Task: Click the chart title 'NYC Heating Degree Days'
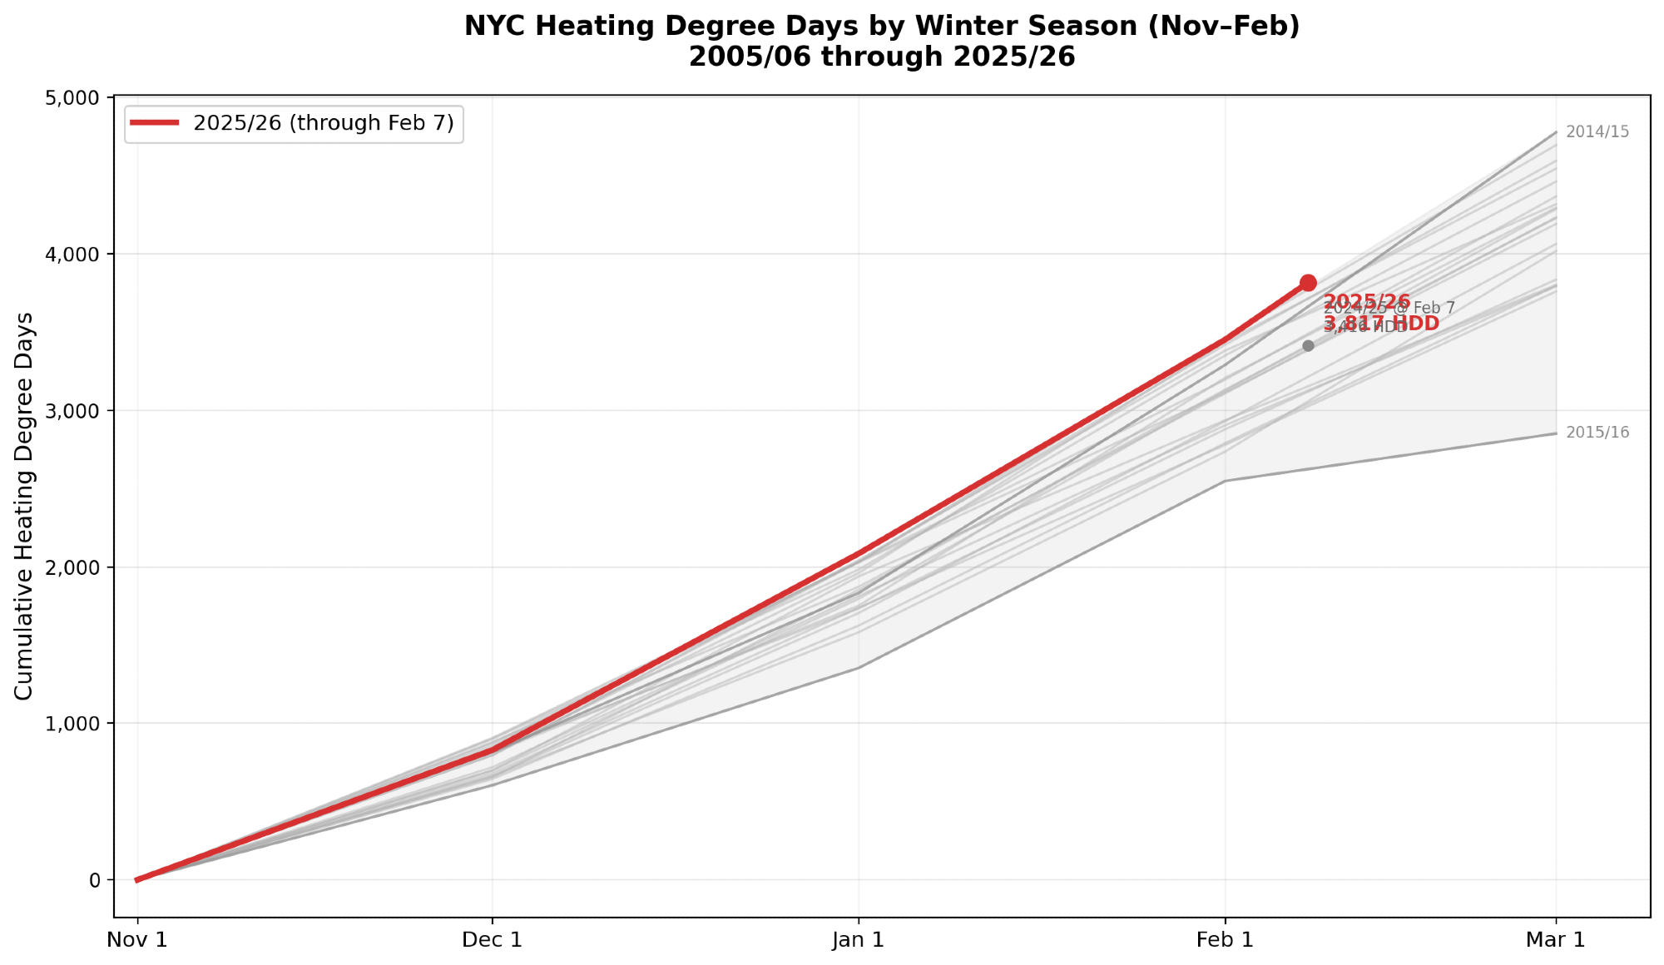(x=882, y=27)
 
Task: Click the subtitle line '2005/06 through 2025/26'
(x=882, y=57)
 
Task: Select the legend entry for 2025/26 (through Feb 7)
(x=323, y=123)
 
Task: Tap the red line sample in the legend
(x=155, y=123)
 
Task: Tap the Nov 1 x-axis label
(x=137, y=940)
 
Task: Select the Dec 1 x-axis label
(x=493, y=940)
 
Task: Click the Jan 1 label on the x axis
(x=859, y=940)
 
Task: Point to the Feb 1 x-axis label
(x=1225, y=940)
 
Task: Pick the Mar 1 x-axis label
(x=1556, y=940)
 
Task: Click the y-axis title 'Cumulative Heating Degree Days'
(x=25, y=506)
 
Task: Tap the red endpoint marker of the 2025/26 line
(x=1308, y=283)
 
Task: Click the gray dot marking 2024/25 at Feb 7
(x=1308, y=345)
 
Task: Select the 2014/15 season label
(x=1597, y=132)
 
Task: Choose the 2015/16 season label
(x=1597, y=433)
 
